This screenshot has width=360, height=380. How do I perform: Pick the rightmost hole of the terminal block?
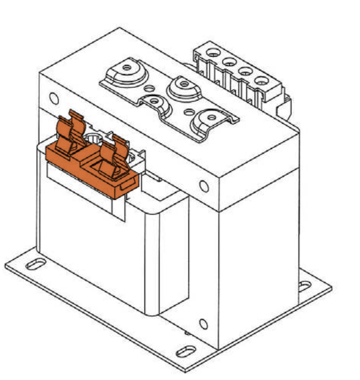(260, 80)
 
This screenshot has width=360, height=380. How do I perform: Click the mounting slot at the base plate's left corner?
(35, 263)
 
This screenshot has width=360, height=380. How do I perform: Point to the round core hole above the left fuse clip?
(54, 97)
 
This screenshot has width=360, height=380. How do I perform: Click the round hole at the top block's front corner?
(205, 186)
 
